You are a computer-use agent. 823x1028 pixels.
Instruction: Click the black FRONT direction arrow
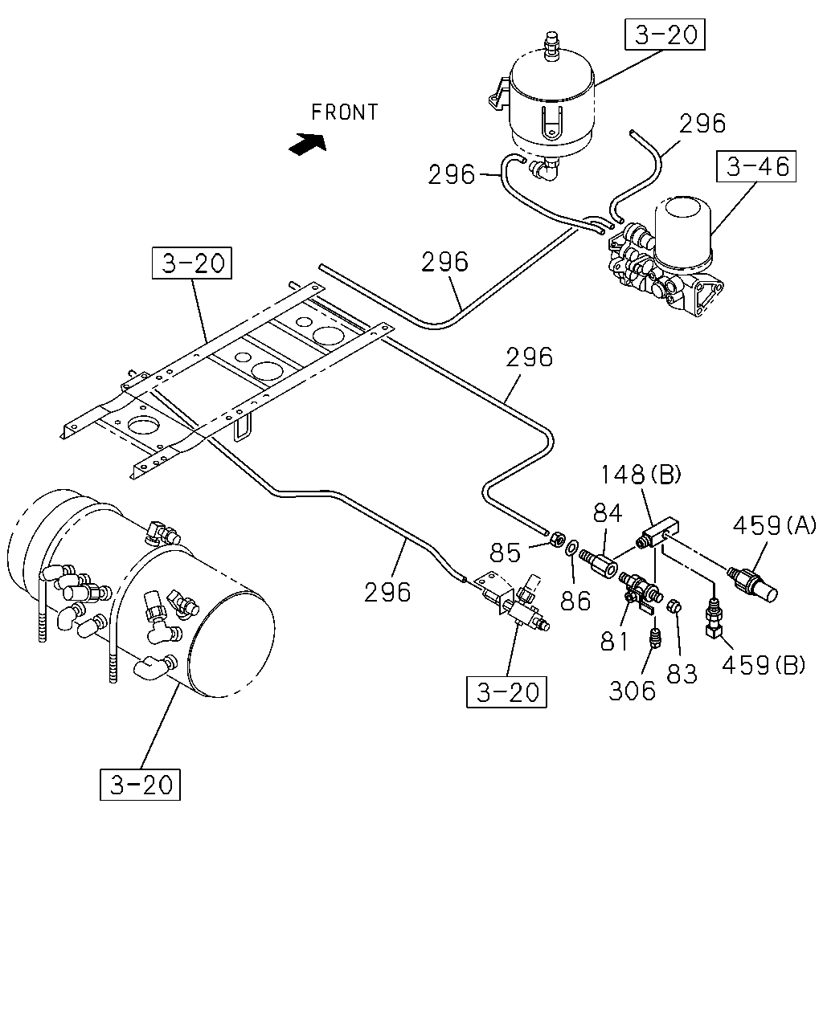click(308, 143)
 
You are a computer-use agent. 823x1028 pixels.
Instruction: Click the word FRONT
click(344, 112)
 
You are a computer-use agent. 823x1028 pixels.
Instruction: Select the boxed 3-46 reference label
click(756, 166)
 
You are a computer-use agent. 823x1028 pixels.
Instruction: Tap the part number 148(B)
click(641, 475)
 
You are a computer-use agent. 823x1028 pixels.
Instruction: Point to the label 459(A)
click(774, 526)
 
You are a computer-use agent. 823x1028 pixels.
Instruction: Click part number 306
click(632, 691)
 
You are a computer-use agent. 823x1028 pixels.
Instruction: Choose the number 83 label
click(682, 674)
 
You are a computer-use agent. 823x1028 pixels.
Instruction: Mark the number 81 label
click(614, 641)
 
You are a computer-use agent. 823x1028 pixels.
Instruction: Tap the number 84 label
click(608, 513)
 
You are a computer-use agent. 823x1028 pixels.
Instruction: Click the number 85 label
click(505, 553)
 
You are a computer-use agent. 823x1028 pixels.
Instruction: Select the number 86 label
click(575, 601)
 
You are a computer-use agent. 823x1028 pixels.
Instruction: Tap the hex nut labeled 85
click(556, 540)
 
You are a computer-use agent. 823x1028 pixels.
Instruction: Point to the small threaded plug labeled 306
click(656, 638)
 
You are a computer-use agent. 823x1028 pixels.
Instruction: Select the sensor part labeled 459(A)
click(751, 582)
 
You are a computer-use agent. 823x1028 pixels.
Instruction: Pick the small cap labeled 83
click(674, 606)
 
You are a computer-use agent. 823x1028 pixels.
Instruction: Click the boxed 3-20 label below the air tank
click(140, 785)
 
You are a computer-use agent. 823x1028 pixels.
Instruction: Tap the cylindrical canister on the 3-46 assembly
click(682, 232)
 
